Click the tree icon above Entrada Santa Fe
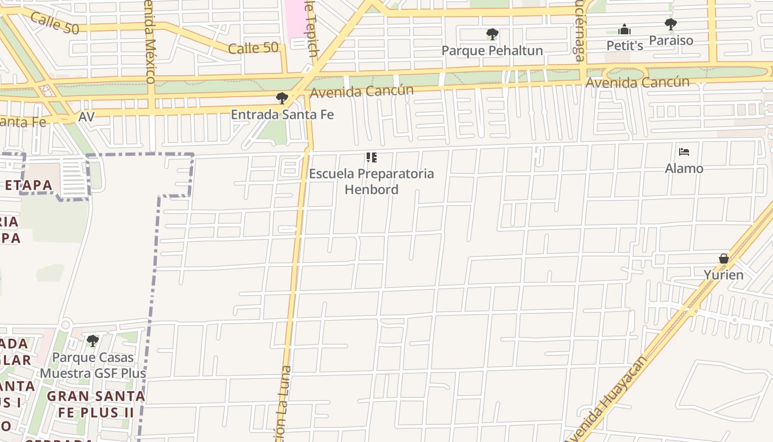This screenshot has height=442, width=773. click(x=282, y=98)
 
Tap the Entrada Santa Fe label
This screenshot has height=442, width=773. click(x=282, y=114)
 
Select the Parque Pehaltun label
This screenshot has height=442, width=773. click(x=492, y=50)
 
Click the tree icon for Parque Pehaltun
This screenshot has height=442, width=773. click(x=492, y=34)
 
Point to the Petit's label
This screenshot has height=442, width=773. click(x=624, y=45)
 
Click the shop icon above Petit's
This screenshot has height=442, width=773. click(x=624, y=29)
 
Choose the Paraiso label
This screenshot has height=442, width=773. click(x=671, y=40)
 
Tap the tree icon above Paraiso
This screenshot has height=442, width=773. click(x=671, y=24)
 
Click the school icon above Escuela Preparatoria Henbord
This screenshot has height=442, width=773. click(x=372, y=157)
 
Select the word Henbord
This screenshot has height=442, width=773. click(x=372, y=190)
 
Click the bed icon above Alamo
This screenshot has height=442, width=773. click(x=684, y=152)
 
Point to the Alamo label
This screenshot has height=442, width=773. click(x=684, y=169)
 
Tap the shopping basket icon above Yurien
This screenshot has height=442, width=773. click(x=723, y=259)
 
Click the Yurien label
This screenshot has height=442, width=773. click(x=723, y=275)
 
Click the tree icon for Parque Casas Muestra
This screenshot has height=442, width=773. click(x=93, y=341)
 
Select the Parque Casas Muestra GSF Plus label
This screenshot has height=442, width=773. click(x=93, y=365)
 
